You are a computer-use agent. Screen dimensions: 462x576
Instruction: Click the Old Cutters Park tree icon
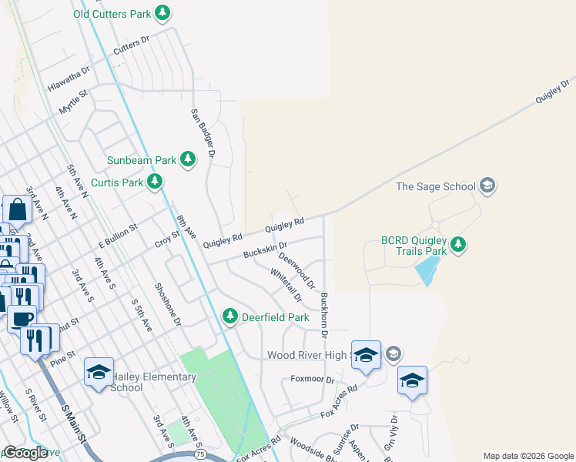point(162,13)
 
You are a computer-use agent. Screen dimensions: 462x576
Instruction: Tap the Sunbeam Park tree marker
point(188,159)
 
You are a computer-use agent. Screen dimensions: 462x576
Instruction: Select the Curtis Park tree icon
point(156,182)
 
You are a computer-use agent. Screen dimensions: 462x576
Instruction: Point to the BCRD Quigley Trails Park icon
point(458,245)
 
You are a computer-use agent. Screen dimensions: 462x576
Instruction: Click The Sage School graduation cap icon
point(487,186)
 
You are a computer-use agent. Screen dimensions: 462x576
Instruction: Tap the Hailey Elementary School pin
point(99,373)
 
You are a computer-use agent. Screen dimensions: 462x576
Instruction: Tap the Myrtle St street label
point(74,102)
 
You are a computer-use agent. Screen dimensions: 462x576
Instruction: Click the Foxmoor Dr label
point(313,380)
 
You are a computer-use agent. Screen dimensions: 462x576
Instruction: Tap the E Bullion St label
point(117,237)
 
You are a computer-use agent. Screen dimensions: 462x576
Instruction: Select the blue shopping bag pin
point(17,209)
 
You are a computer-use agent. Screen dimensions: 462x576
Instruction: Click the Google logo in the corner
point(25,453)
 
